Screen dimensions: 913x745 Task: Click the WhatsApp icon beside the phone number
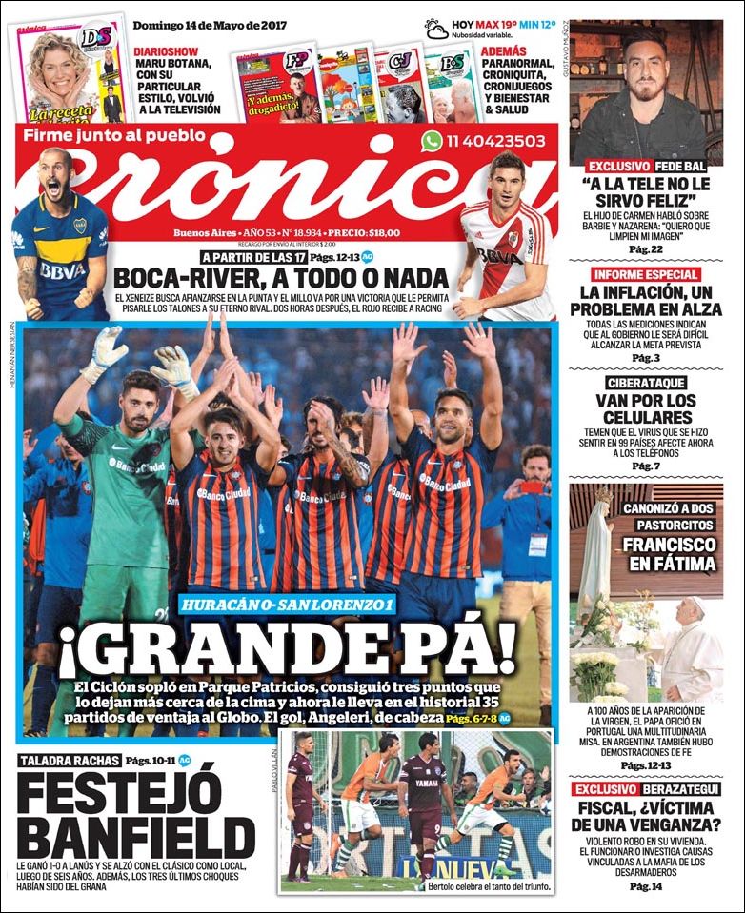coord(433,141)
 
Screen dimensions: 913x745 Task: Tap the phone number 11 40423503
coord(495,141)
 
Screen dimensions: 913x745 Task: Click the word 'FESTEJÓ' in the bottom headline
coord(120,793)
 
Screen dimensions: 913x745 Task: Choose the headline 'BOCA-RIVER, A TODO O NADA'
coord(280,278)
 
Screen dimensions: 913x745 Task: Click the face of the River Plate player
coord(507,182)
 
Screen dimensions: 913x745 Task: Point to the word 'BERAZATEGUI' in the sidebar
coord(687,789)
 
